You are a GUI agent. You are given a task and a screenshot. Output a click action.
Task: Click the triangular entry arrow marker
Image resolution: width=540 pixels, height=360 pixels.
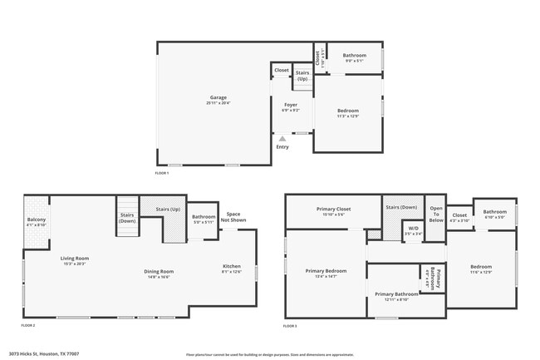point(282,138)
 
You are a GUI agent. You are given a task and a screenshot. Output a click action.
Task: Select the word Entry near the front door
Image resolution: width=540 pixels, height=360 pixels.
point(282,147)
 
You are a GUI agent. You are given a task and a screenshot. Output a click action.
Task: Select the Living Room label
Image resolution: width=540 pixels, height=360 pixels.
point(74,260)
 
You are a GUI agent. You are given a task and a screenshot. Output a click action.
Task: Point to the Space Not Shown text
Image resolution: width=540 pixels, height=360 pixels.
point(233,217)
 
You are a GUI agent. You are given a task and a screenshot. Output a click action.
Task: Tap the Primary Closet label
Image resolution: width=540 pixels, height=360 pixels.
point(332,211)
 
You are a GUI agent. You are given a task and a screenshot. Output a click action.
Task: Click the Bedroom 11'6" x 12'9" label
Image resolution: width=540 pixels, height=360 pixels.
point(482,270)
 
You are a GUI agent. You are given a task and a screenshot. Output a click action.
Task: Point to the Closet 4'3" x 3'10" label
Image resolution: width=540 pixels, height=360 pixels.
point(459,218)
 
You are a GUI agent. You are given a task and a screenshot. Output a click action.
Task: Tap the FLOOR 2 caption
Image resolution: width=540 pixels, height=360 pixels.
point(28,325)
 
